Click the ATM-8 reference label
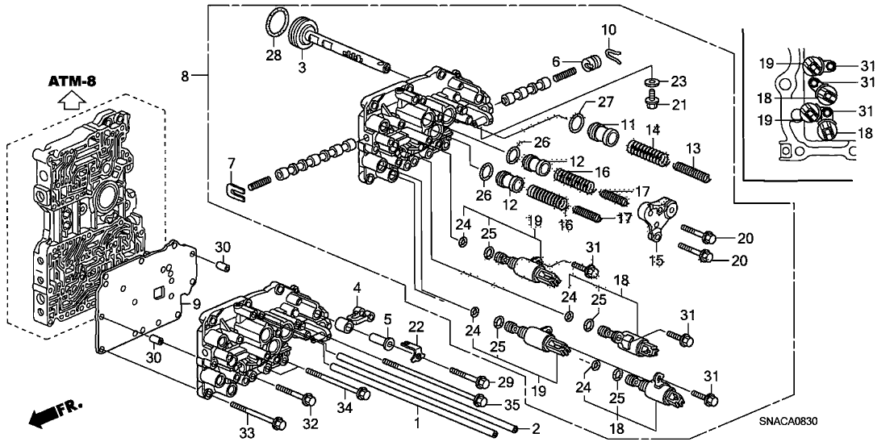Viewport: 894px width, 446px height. pos(72,82)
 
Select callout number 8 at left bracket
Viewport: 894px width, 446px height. pos(185,77)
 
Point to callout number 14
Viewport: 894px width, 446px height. pos(651,129)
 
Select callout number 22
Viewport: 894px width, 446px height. pos(416,326)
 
